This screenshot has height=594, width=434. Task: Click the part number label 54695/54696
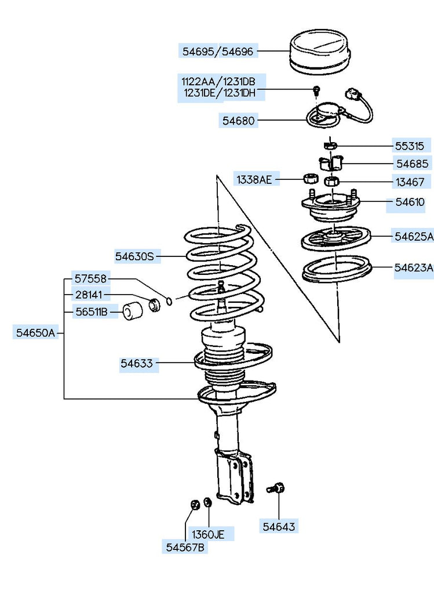tap(218, 52)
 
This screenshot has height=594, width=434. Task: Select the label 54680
tap(239, 121)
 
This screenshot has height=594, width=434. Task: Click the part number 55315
tap(410, 146)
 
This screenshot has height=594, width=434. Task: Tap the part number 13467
tap(410, 183)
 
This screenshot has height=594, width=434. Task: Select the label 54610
tap(410, 202)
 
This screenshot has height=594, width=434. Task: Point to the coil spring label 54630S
tap(134, 255)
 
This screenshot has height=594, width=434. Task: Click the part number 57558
tap(90, 279)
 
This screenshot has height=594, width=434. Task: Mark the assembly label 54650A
tap(35, 332)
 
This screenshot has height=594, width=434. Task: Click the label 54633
tap(137, 364)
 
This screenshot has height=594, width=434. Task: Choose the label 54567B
tap(185, 547)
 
